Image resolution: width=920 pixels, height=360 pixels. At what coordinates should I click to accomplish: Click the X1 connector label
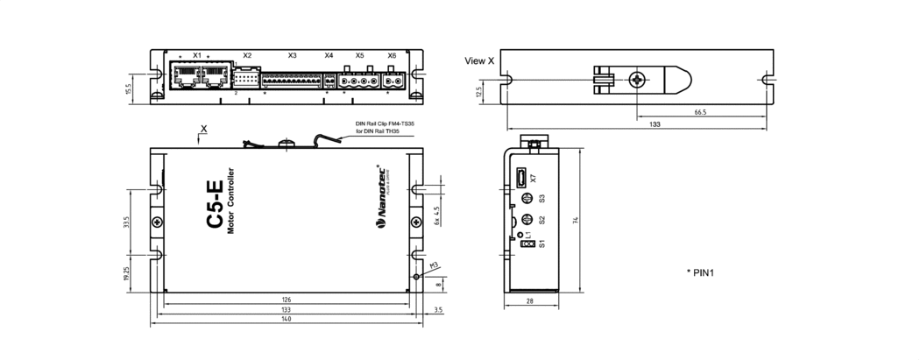point(197,55)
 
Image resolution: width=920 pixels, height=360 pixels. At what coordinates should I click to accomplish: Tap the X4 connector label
point(329,55)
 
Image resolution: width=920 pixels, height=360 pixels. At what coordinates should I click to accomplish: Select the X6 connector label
point(392,55)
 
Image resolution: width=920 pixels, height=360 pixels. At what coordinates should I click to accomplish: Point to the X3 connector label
point(292,55)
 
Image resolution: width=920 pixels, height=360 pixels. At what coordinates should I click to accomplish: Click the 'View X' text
point(479,60)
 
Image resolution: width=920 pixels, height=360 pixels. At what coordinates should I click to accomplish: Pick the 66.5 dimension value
point(700,112)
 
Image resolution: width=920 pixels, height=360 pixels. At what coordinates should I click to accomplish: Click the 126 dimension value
point(287,300)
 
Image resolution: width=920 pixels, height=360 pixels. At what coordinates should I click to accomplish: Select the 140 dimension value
point(287,320)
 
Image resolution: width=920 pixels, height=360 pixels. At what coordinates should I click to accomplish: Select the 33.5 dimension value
point(128,224)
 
